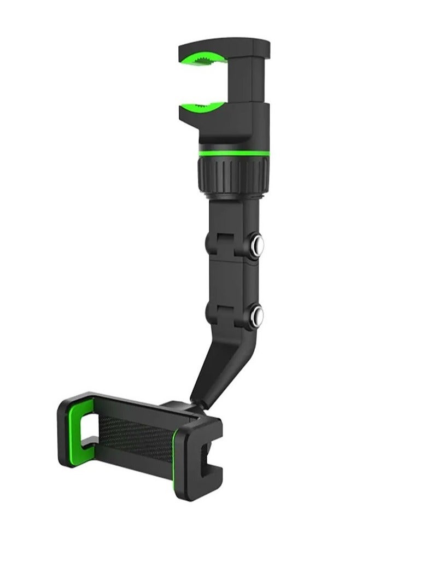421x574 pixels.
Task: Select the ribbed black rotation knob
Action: tap(233, 173)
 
